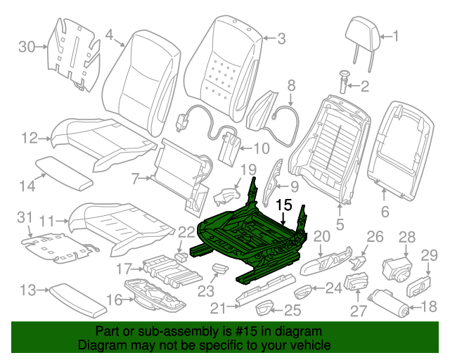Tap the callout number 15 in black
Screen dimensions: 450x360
tap(284, 205)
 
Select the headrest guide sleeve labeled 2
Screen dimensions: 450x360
tap(343, 82)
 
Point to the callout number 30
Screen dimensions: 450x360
tap(27, 46)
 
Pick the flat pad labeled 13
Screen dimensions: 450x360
tap(78, 301)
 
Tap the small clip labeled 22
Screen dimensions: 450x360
tap(181, 256)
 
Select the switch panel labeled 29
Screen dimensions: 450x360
tap(419, 286)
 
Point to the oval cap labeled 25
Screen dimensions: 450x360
tap(263, 309)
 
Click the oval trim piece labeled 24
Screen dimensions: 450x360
tap(303, 291)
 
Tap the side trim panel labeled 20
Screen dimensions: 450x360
tap(326, 260)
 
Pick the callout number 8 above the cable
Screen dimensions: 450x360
tap(291, 86)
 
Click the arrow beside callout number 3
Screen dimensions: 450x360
tap(269, 38)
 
